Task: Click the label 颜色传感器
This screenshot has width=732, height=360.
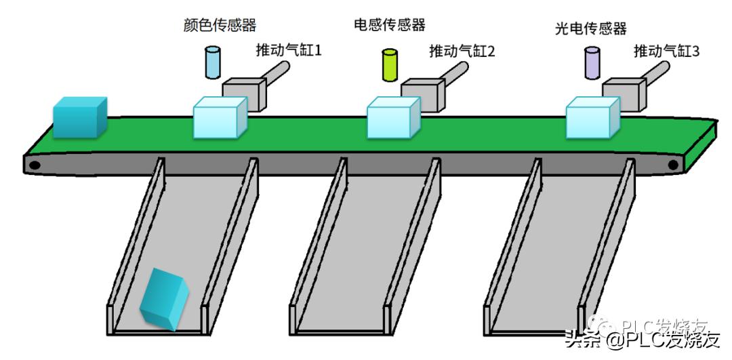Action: (220, 26)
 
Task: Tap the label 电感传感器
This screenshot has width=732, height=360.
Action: (390, 25)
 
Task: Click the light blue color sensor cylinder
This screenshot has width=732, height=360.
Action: (213, 62)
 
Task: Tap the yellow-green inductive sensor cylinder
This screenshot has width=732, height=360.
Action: (390, 64)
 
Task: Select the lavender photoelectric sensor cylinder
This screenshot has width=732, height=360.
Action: (592, 63)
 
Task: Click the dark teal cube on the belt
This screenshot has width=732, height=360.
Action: (79, 117)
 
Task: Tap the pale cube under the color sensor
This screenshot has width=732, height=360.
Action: (219, 119)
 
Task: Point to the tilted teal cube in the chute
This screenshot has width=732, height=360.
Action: (165, 300)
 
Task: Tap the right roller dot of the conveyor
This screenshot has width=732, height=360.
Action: (673, 165)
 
